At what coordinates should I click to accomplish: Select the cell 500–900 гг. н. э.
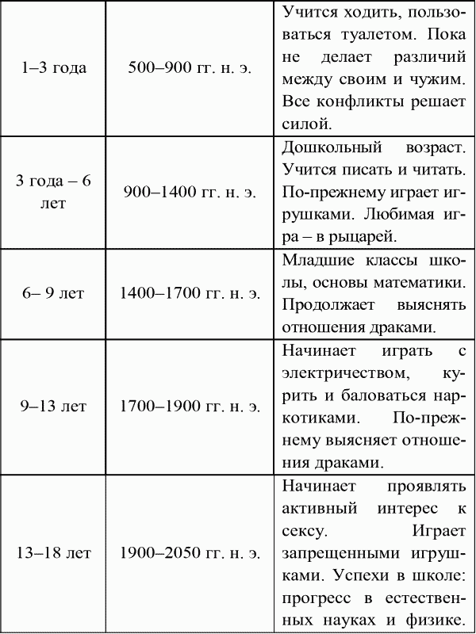[190, 67]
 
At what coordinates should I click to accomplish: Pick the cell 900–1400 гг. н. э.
[190, 192]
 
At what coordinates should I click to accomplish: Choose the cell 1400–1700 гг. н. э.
[190, 293]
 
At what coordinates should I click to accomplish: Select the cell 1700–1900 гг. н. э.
[190, 407]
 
